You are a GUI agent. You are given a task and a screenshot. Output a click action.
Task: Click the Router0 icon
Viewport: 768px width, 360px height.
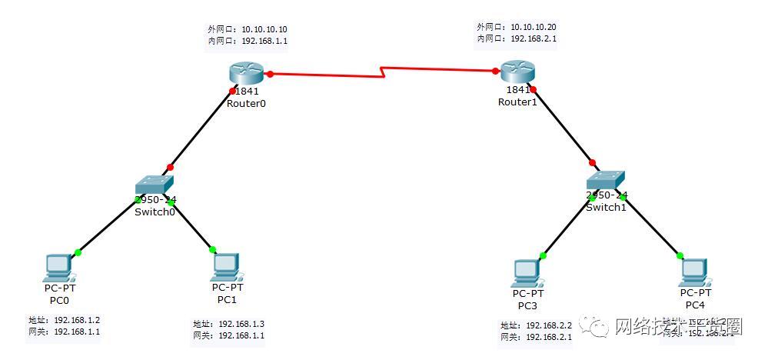[x=246, y=74]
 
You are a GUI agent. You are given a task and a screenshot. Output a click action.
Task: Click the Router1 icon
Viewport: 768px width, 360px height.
[x=517, y=72]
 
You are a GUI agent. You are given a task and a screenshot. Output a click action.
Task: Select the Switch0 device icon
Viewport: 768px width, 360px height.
[x=155, y=185]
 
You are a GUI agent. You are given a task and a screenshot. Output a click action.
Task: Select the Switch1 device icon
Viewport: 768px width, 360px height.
[x=605, y=180]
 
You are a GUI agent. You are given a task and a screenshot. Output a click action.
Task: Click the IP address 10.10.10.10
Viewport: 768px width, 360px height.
[x=264, y=29]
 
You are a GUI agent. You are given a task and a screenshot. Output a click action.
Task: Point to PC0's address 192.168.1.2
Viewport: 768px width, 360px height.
[x=77, y=320]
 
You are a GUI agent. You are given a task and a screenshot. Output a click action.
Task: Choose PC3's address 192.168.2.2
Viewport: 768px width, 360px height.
[x=549, y=325]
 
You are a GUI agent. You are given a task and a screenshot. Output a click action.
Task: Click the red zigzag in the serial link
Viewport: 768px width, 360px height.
[x=382, y=74]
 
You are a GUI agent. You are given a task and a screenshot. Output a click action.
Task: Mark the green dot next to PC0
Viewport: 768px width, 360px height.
[x=78, y=252]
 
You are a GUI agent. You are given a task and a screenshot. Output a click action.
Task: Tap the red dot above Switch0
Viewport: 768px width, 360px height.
[x=170, y=167]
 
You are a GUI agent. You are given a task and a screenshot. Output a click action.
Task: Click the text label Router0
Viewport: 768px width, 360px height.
[x=246, y=104]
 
